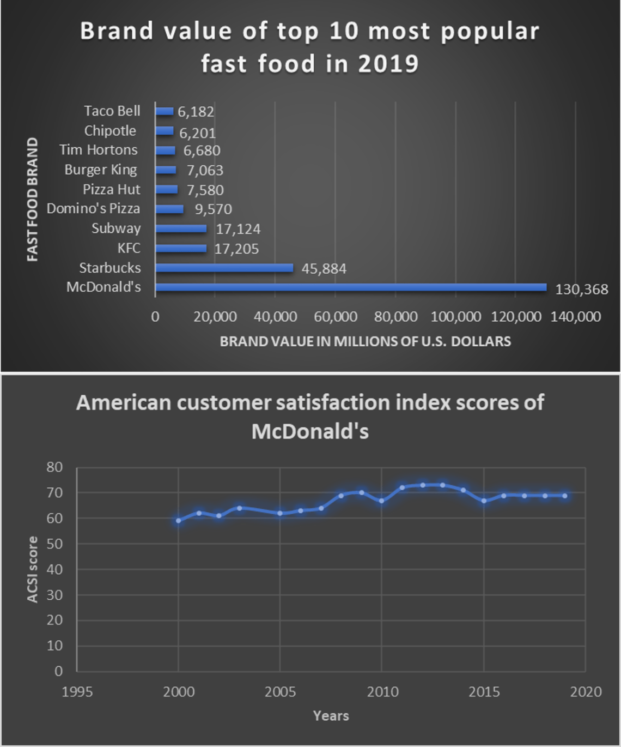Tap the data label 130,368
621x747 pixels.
click(x=581, y=290)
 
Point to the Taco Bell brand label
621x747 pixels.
click(x=112, y=111)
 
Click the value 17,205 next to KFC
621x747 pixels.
click(x=236, y=249)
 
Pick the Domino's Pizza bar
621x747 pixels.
click(x=169, y=209)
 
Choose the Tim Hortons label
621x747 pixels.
click(x=99, y=150)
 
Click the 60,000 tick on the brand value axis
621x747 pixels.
click(x=336, y=317)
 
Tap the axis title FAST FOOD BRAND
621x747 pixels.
click(x=33, y=199)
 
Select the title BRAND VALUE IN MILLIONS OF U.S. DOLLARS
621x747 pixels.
click(x=365, y=342)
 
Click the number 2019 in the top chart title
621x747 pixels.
click(x=388, y=64)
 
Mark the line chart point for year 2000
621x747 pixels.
click(x=178, y=521)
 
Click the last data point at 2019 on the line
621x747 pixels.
click(x=565, y=496)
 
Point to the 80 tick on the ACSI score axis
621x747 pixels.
click(x=54, y=467)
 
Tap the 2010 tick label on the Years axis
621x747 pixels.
click(x=382, y=692)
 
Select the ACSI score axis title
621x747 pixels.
click(x=33, y=569)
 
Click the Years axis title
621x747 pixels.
click(x=331, y=716)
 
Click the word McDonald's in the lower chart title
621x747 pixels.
click(x=310, y=432)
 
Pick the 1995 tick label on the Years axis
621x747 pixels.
click(x=77, y=692)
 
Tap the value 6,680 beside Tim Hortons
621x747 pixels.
click(x=202, y=150)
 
